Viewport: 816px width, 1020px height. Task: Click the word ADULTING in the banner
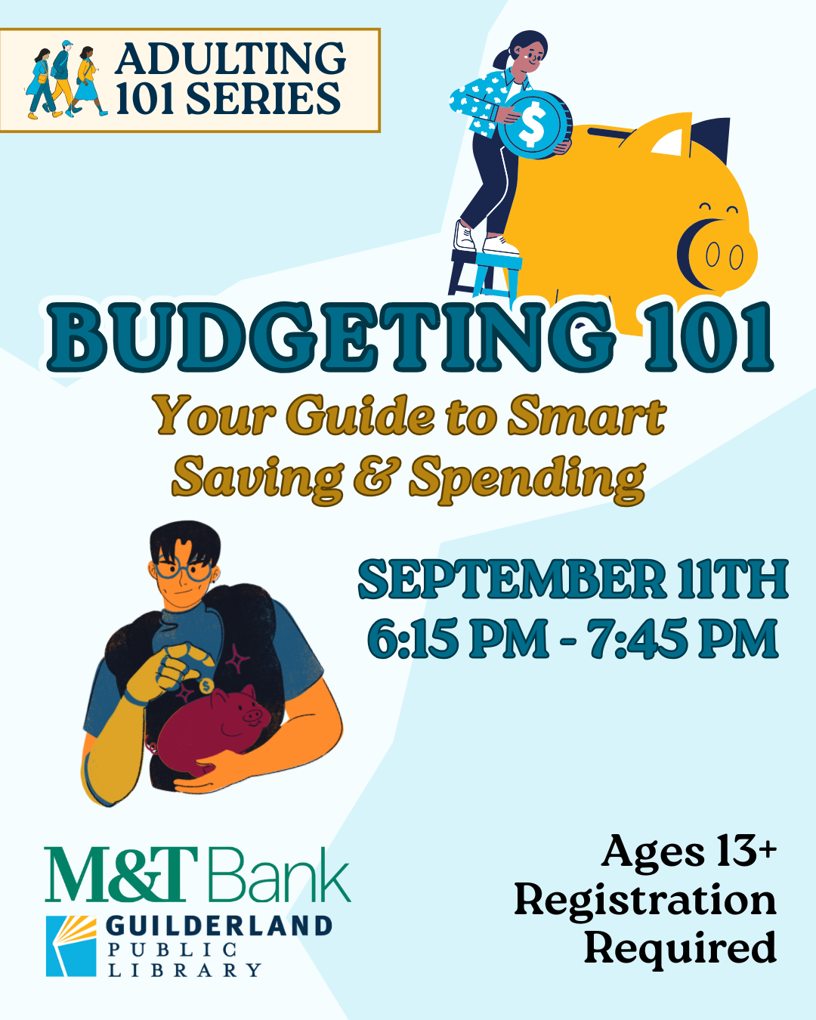click(230, 59)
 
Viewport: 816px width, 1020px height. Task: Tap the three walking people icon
click(64, 81)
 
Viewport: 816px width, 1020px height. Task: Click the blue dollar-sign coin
click(533, 125)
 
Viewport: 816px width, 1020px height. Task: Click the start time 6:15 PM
click(457, 639)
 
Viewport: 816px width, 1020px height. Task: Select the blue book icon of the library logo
click(71, 945)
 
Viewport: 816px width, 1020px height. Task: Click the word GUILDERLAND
click(219, 926)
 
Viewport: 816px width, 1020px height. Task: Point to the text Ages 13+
click(688, 852)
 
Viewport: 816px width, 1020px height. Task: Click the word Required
click(680, 948)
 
